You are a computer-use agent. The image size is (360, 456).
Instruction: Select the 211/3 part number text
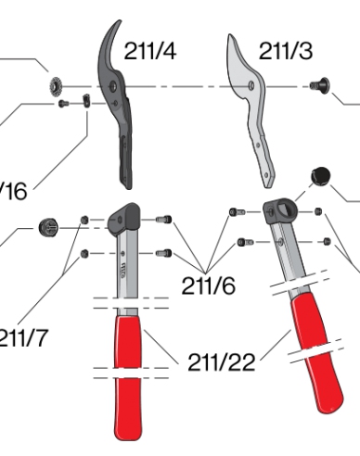coord(285,52)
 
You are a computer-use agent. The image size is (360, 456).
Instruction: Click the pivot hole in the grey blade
coord(251,87)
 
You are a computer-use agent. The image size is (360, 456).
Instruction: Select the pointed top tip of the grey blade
coord(231,39)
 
